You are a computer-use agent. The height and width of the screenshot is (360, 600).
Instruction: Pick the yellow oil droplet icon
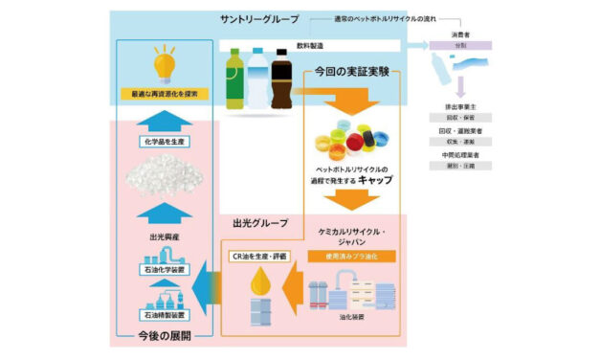[x=258, y=284]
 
